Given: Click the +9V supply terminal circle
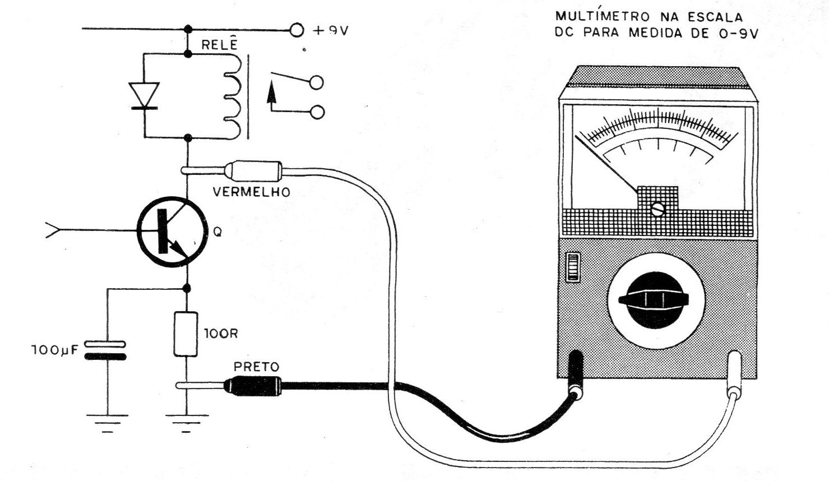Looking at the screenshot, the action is coord(297,30).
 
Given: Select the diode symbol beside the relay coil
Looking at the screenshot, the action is coord(145,96).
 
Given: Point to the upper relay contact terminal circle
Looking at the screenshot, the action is coord(317,82).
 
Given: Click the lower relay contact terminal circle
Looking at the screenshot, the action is coord(317,112).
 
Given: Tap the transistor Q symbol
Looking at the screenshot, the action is coord(172,232).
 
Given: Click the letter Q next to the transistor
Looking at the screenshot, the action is coord(217,232).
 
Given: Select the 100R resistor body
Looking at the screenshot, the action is coord(186,334).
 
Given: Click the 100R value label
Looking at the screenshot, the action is coord(221,334).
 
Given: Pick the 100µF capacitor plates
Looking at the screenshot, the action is coord(105,350).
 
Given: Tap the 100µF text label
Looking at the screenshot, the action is coord(55,350).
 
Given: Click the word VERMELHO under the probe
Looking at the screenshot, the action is coord(251,192).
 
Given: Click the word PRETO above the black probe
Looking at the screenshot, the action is coord(256,367).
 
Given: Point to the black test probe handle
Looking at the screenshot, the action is coord(252,386).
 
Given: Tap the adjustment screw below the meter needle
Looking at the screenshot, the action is coord(657,209).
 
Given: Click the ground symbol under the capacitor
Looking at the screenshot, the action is coord(107,423).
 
